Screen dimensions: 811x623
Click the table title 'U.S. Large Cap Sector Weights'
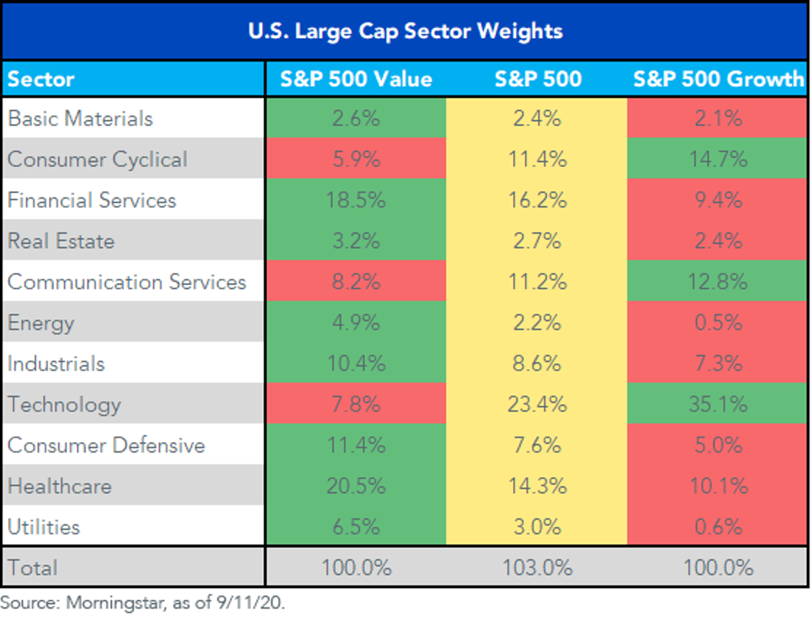click(405, 31)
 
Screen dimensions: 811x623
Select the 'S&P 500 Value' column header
click(356, 79)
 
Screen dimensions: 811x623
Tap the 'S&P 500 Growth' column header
click(718, 79)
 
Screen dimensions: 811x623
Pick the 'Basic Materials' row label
click(80, 119)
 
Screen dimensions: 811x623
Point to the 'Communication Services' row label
click(127, 282)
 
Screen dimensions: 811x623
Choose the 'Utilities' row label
click(44, 527)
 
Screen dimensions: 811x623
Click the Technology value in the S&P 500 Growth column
click(718, 404)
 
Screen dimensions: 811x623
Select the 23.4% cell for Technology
click(537, 404)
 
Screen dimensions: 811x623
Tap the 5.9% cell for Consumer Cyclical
click(356, 159)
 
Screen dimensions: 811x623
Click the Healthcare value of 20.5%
click(356, 486)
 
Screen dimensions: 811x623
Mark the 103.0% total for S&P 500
click(537, 568)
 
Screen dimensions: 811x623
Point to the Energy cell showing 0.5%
click(718, 322)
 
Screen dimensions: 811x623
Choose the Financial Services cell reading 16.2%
click(537, 200)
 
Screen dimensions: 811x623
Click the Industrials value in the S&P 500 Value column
click(356, 364)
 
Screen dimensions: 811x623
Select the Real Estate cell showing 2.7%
click(537, 241)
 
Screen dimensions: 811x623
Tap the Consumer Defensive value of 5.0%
click(718, 445)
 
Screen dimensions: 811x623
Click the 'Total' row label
click(32, 568)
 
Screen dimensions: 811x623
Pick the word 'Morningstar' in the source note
click(116, 603)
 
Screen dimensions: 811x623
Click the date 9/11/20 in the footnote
click(251, 603)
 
